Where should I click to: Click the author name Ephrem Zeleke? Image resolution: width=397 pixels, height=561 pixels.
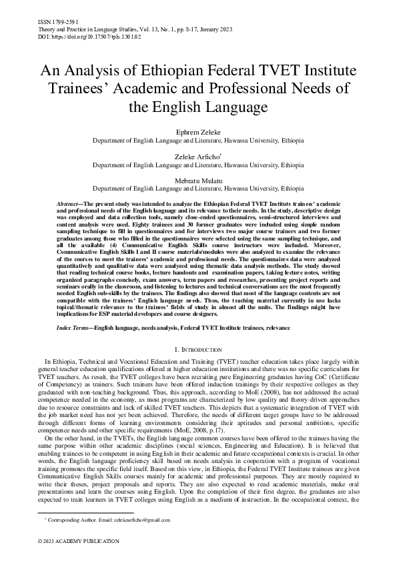(197, 133)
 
